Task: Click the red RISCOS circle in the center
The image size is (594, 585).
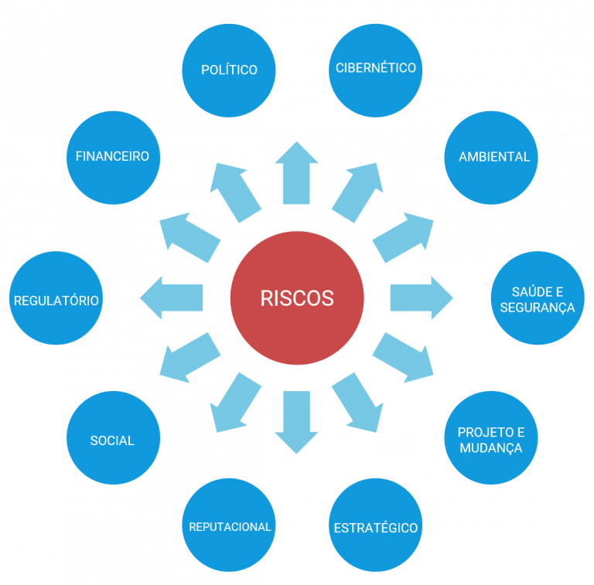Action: pyautogui.click(x=297, y=298)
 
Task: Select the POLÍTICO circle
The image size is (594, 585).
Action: pyautogui.click(x=229, y=70)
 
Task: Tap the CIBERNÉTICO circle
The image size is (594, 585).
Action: pyautogui.click(x=376, y=70)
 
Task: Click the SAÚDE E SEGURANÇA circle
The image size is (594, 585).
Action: pyautogui.click(x=538, y=298)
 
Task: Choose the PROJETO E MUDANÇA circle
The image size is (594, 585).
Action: pyautogui.click(x=492, y=438)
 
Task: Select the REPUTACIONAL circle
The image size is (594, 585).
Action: pyautogui.click(x=229, y=525)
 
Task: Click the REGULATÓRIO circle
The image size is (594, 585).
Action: pyautogui.click(x=56, y=298)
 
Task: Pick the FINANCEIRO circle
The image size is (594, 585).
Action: pyautogui.click(x=113, y=158)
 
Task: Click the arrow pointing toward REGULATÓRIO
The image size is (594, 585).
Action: pyautogui.click(x=172, y=298)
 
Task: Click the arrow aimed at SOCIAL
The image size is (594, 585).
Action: pyautogui.click(x=189, y=358)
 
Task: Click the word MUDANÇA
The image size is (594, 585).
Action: pyautogui.click(x=490, y=448)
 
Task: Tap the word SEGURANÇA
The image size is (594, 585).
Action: pyautogui.click(x=538, y=308)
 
